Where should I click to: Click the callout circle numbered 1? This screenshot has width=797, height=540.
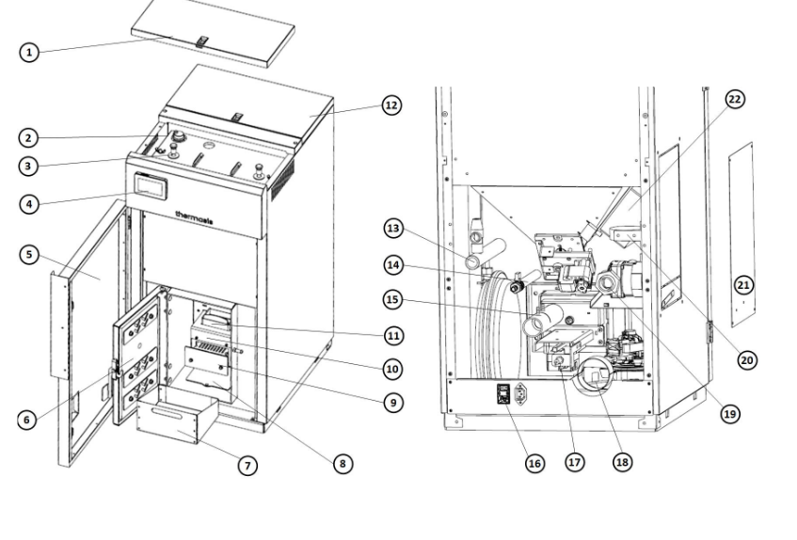[29, 52]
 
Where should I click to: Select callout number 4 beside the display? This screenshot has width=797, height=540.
[29, 204]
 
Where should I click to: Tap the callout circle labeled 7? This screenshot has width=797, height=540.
[247, 466]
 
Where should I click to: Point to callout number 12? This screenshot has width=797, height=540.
[391, 105]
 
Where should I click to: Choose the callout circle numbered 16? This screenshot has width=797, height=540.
[534, 463]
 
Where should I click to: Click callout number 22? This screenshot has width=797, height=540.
[735, 99]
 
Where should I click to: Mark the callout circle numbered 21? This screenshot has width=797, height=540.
[743, 285]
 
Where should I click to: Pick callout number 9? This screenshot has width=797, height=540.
[393, 403]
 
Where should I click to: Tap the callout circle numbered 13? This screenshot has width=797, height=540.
[393, 228]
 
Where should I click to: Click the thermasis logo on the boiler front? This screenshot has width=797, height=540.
[194, 217]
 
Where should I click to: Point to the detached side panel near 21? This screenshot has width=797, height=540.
[741, 234]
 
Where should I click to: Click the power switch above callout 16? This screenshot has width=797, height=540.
[503, 393]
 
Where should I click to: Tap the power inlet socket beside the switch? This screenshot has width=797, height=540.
[521, 393]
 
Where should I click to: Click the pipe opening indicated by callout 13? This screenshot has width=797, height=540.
[472, 262]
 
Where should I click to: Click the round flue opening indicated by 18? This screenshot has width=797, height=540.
[593, 375]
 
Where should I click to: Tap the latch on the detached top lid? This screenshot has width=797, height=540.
[202, 41]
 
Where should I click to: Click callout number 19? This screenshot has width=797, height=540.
[729, 414]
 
